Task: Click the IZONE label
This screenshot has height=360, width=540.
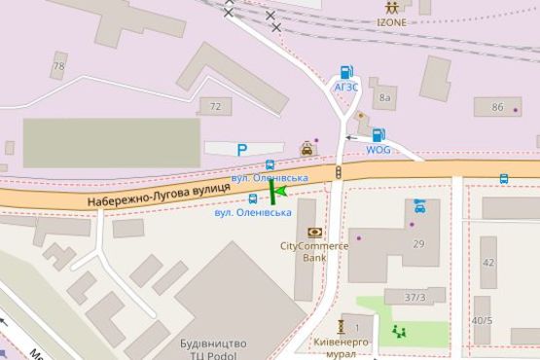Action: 393,22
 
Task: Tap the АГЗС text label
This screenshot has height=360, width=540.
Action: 346,87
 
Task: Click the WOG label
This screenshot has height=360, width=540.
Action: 378,150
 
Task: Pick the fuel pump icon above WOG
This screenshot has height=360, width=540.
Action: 378,135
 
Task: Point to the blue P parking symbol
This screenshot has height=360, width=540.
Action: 243,149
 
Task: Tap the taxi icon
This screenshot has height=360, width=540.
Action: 306,149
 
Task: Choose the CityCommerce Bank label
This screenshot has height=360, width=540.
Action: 314,252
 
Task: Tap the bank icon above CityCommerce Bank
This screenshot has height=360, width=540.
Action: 314,232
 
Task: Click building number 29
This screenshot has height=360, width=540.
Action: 418,243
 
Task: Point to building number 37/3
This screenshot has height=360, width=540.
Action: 415,297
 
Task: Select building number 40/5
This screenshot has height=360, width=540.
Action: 483,320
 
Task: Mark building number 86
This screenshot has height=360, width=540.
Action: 498,107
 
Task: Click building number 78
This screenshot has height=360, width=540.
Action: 59,67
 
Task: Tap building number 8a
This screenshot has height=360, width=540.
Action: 385,96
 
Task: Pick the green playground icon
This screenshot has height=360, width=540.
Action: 398,331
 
